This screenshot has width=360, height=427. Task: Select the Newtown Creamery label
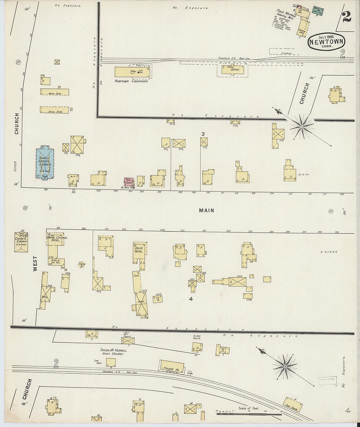coord(131,81)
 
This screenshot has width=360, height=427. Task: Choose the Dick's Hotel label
coord(138,249)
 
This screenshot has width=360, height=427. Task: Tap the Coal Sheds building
coord(293,404)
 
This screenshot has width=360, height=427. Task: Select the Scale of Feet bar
coord(249,414)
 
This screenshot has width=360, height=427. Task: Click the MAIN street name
coord(207,210)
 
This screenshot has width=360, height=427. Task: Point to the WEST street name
coord(35,263)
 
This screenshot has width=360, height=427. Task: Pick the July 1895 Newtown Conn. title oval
coord(326,41)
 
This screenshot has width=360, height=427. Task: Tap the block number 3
coord(203,134)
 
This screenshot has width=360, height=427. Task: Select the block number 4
coord(191,299)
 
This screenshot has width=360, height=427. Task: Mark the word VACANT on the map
coord(329,252)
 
